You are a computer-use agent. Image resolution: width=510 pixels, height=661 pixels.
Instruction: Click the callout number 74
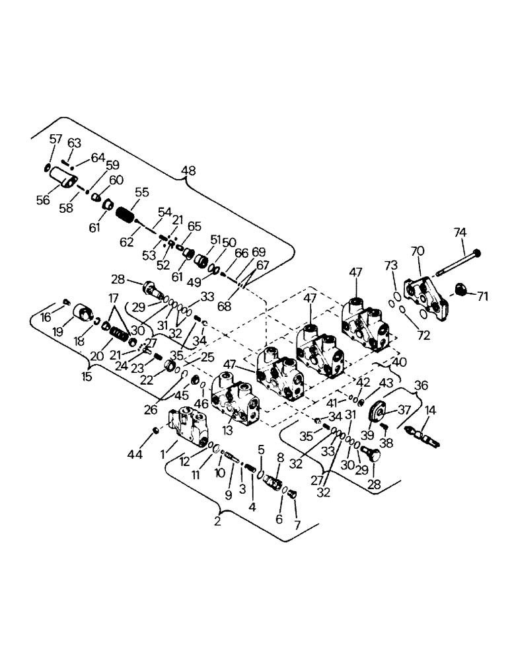pos(460,232)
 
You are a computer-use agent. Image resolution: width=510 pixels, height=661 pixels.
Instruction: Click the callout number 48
pos(188,172)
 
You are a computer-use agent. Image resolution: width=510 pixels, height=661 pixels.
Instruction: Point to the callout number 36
pos(420,386)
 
